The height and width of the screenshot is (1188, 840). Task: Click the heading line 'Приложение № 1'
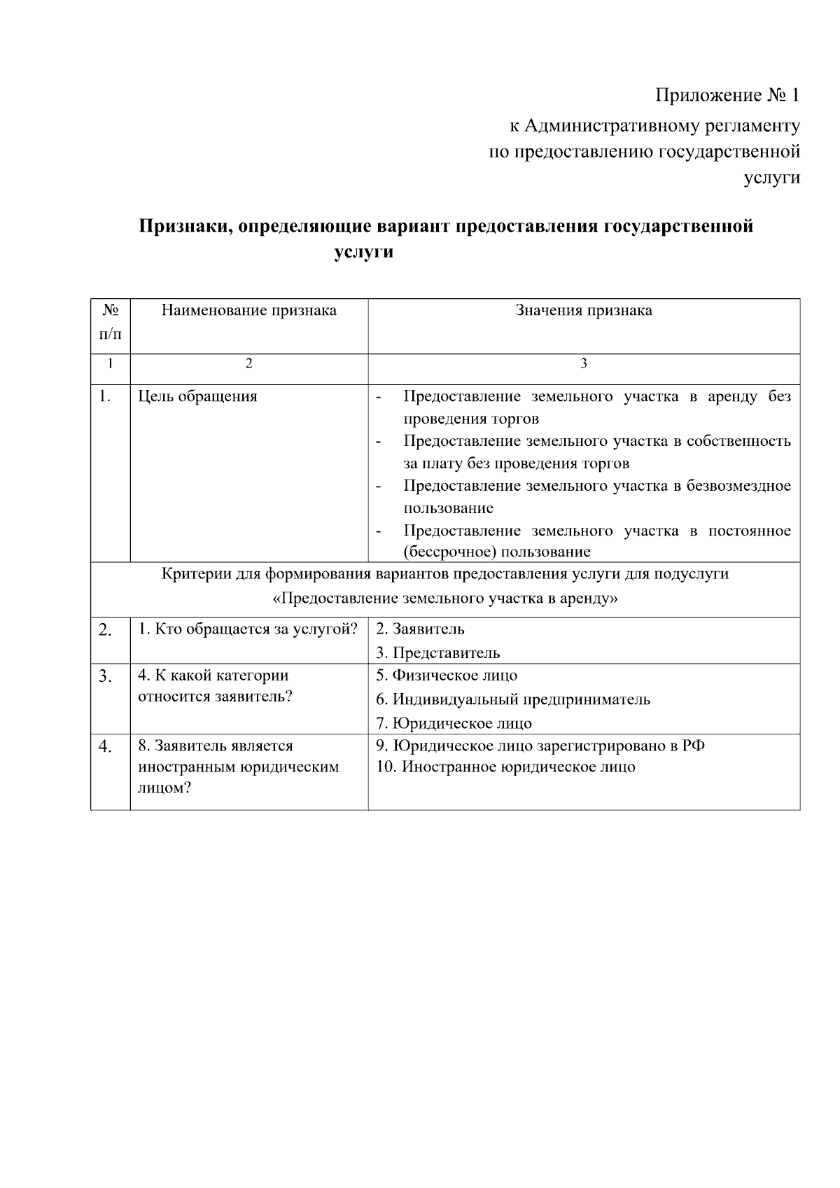(727, 95)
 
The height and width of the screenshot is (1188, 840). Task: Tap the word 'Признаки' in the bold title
(183, 227)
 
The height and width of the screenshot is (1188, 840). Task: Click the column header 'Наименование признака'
(248, 310)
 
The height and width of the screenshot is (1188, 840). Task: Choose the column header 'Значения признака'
(584, 310)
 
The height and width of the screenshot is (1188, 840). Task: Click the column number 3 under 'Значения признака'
(584, 363)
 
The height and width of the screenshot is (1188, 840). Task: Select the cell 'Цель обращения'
(197, 397)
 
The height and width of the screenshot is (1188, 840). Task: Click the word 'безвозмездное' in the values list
(742, 486)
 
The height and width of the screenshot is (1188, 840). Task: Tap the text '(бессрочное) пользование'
(496, 552)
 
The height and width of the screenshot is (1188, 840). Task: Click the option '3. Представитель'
(437, 653)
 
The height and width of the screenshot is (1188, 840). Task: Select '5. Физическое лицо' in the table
(447, 676)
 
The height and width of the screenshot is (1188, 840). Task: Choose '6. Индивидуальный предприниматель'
(512, 699)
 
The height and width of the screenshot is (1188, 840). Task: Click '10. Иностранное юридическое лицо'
(505, 767)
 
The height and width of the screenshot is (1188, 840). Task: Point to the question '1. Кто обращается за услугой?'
(248, 629)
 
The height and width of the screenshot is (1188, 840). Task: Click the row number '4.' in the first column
(105, 747)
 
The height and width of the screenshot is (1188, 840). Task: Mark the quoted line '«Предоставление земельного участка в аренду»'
(444, 599)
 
